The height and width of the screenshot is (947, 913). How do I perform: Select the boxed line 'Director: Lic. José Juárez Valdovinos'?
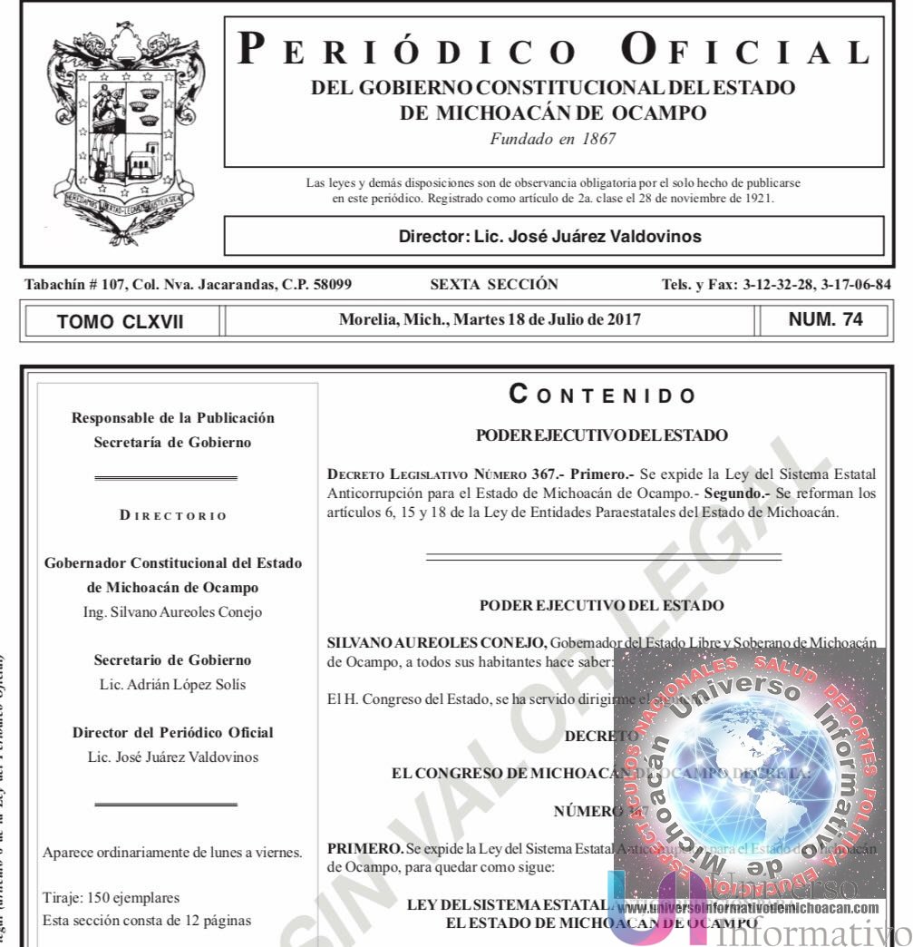coord(550,237)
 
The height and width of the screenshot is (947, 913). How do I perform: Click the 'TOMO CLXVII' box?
coord(121,321)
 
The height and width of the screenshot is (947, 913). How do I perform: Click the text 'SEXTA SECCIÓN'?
coord(494,285)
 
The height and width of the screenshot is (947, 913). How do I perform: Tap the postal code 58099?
coord(324,285)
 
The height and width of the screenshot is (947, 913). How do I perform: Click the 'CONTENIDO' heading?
coord(603,395)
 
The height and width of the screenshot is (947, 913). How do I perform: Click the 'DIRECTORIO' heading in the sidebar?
coord(173,516)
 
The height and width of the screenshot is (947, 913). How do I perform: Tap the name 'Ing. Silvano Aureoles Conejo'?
coord(172,612)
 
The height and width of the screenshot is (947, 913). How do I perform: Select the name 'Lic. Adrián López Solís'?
coord(172,684)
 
